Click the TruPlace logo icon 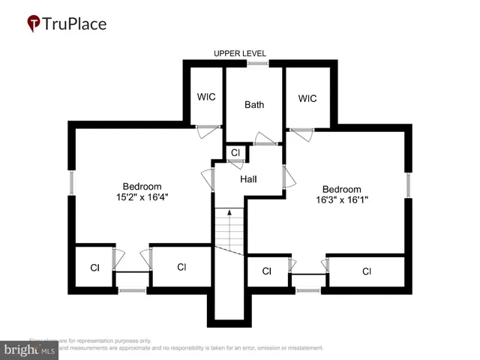tap(34, 24)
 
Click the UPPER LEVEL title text tap(240, 53)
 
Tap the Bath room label tap(254, 104)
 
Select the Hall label tap(248, 179)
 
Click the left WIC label tap(206, 97)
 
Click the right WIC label tap(307, 98)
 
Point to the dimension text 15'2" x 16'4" tap(142, 198)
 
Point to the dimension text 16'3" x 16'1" tap(341, 200)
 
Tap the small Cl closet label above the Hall tap(235, 152)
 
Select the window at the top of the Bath tap(258, 64)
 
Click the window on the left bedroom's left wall tap(72, 184)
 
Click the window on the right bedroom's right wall tap(409, 184)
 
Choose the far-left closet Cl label tap(94, 267)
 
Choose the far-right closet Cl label tap(366, 271)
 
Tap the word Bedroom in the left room tap(142, 187)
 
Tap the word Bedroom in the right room tap(341, 189)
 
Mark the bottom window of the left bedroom tap(132, 289)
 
